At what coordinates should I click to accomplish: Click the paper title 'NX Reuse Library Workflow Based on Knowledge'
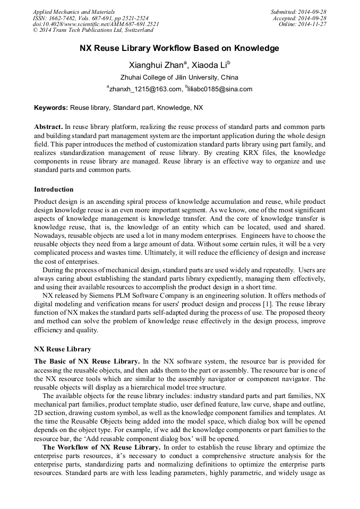point(179,48)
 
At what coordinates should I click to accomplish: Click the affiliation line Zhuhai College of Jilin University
point(179,77)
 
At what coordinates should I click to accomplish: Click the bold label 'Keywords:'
point(51,108)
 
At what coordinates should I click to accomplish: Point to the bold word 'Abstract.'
point(48,127)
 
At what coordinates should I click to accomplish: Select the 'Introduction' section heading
point(54,189)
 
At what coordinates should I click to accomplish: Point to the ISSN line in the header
point(90,18)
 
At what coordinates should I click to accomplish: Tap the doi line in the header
point(96,24)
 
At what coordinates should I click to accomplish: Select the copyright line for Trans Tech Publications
point(93,30)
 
